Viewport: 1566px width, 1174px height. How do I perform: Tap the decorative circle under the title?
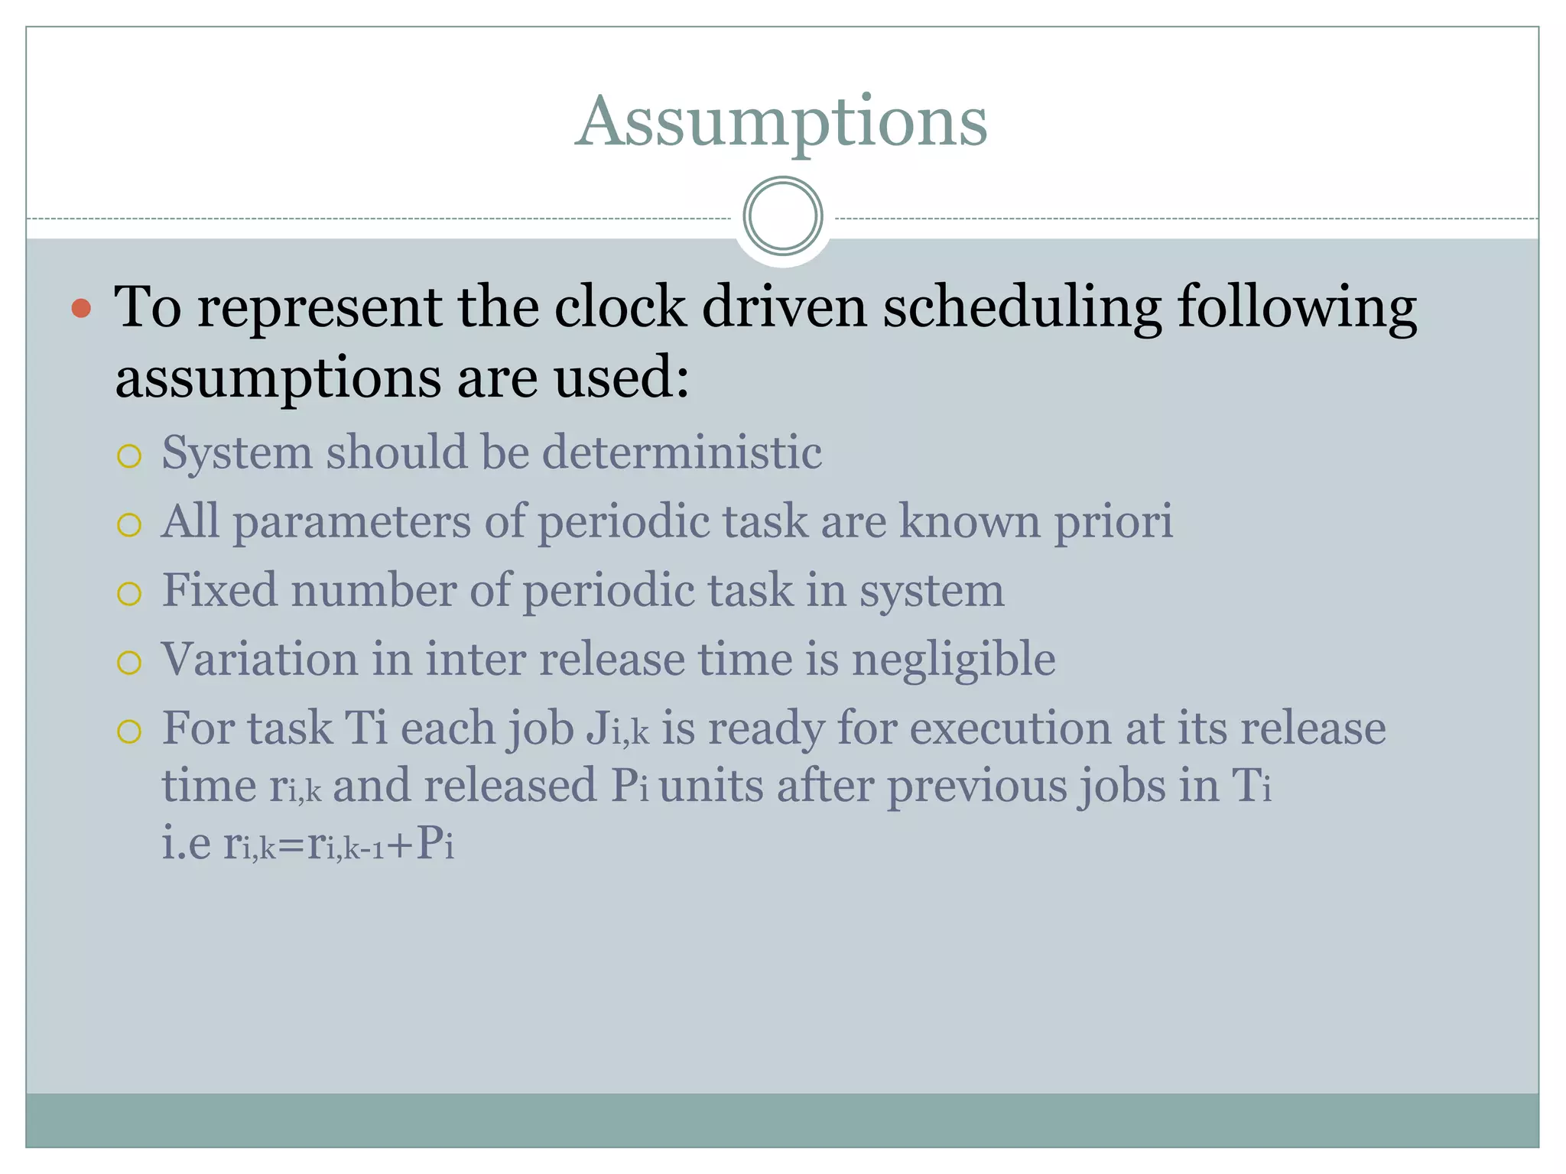pos(782,216)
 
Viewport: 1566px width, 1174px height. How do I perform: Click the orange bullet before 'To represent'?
pos(81,309)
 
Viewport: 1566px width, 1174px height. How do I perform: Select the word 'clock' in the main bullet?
pos(619,307)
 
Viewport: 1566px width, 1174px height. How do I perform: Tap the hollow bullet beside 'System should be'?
pos(129,456)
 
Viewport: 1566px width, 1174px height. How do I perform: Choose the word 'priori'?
pos(1113,523)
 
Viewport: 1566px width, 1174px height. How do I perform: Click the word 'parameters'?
pos(351,523)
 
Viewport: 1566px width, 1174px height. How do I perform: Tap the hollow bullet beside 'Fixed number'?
pos(129,594)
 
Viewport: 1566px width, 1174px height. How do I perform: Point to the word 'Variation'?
pos(259,659)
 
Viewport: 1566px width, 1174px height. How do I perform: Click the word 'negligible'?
pos(954,660)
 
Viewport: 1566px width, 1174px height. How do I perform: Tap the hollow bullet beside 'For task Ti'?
pos(129,731)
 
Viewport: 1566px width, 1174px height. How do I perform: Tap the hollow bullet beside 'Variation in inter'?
pos(129,663)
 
